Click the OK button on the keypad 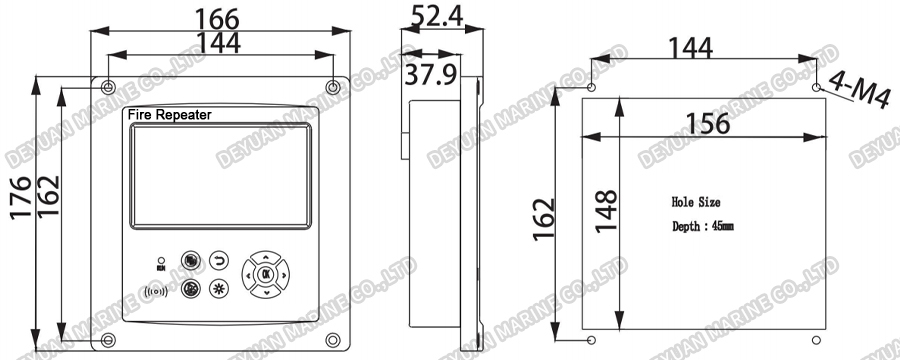coord(266,273)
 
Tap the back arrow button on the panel coord(220,262)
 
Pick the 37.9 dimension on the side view coord(436,74)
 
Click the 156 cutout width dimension coord(706,124)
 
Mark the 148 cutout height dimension coord(607,211)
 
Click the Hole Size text coord(696,202)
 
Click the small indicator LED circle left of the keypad coord(161,259)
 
